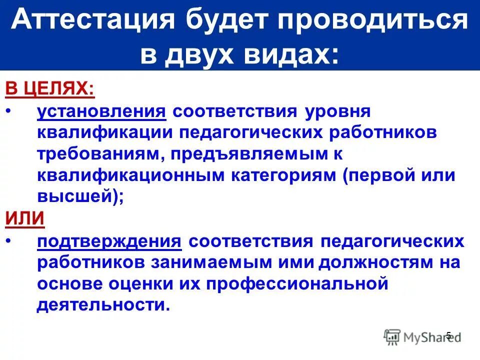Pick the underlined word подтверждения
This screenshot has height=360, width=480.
coord(108,241)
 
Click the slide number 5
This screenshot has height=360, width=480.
coord(448,335)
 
